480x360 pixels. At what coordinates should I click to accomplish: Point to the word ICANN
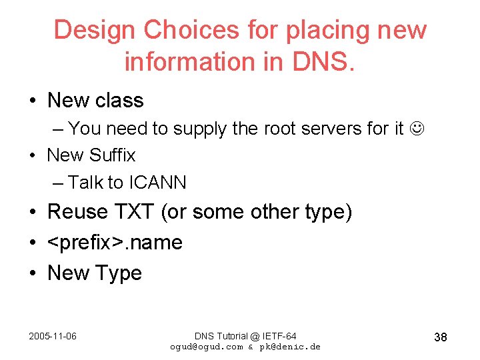(157, 182)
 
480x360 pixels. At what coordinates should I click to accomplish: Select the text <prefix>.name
(115, 243)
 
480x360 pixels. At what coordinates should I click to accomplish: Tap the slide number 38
(440, 337)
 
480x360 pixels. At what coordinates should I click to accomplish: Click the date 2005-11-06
(53, 336)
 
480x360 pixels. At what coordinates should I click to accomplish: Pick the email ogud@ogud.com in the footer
(207, 347)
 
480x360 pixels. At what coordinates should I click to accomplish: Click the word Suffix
(111, 155)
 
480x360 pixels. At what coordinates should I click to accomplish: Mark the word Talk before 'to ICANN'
(87, 182)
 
